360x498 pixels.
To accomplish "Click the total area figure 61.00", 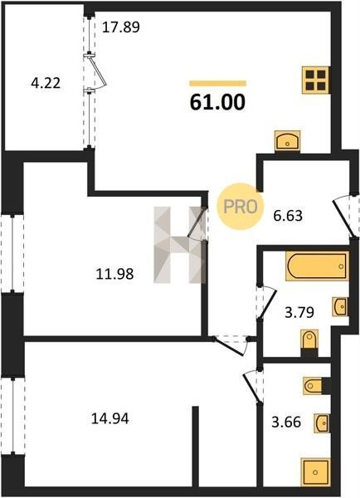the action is click(217, 102).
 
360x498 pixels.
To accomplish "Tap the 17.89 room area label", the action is click(120, 27).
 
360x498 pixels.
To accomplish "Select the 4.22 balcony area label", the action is click(46, 84).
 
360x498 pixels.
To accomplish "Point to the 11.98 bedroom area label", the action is click(114, 274).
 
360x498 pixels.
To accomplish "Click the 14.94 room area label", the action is click(109, 418).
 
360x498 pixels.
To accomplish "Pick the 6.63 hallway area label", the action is click(288, 216).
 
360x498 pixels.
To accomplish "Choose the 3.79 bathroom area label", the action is click(299, 312).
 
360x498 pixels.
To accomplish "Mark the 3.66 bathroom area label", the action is click(286, 422).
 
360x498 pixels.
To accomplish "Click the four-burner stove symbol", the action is click(316, 80).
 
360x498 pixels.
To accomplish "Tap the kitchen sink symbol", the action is click(287, 141).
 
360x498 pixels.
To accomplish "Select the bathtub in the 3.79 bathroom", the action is click(317, 266).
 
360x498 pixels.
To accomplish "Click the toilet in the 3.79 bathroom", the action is click(309, 343).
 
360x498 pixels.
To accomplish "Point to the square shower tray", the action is click(315, 472).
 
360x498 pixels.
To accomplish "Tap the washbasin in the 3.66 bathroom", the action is click(322, 422).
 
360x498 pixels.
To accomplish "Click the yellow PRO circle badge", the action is click(241, 207).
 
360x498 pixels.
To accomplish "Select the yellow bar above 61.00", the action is click(218, 84).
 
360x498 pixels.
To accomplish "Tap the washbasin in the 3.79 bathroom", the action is click(340, 307).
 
